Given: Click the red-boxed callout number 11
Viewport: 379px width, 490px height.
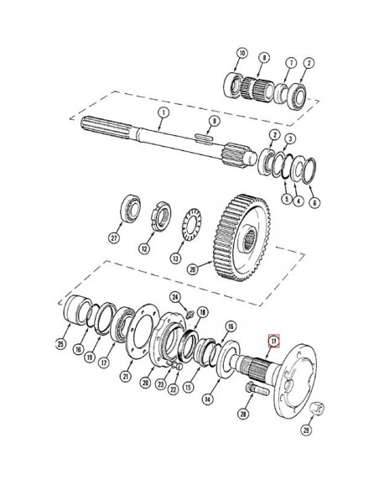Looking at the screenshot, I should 272,341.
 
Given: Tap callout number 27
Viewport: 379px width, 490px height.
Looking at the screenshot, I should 114,237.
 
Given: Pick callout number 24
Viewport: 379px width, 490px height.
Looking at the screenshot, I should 174,296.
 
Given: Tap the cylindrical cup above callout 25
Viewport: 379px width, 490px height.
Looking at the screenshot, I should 76,312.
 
